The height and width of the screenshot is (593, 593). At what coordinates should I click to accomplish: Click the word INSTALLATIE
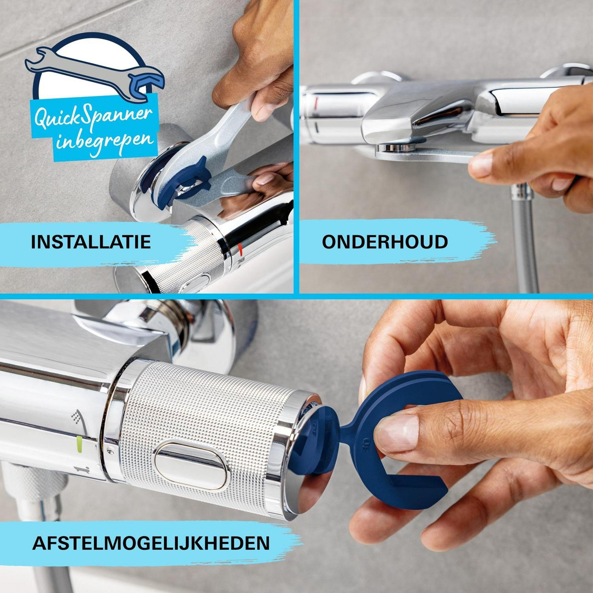(91, 242)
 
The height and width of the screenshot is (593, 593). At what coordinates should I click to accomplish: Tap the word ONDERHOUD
(385, 242)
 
